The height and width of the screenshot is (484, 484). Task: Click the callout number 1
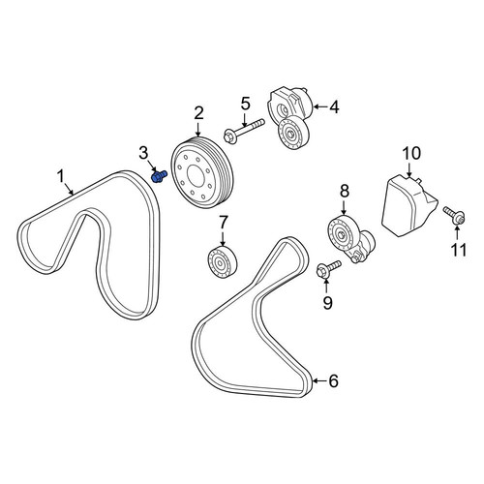(x=61, y=177)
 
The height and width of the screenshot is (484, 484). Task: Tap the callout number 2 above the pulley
(x=198, y=114)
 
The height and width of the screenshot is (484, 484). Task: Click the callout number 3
(x=144, y=153)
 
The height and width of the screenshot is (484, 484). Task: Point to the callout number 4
(x=335, y=107)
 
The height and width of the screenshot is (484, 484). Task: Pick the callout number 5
(x=245, y=104)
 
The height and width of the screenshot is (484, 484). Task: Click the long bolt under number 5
(x=244, y=131)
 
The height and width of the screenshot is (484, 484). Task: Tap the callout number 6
(x=333, y=381)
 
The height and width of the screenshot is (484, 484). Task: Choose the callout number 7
(x=224, y=224)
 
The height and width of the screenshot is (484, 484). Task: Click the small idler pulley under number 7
(x=222, y=261)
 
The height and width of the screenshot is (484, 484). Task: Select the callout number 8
(x=345, y=191)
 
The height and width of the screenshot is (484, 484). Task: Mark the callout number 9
(x=327, y=303)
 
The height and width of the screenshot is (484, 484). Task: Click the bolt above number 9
(x=328, y=269)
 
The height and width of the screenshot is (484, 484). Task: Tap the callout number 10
(x=411, y=154)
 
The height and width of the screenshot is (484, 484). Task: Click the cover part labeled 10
(x=409, y=205)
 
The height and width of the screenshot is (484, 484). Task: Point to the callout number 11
(x=459, y=250)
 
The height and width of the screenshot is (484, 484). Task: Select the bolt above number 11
(x=454, y=216)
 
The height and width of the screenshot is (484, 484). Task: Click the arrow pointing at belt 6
(x=319, y=381)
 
